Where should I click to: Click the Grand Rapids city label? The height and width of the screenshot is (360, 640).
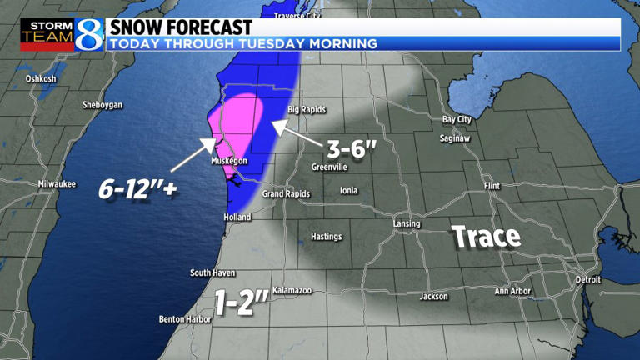286,194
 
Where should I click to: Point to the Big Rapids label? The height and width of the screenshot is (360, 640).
306,109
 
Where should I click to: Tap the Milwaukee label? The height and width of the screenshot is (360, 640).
57,183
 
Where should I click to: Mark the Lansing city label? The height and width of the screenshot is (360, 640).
407,223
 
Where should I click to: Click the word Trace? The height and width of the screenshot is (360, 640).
487,237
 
